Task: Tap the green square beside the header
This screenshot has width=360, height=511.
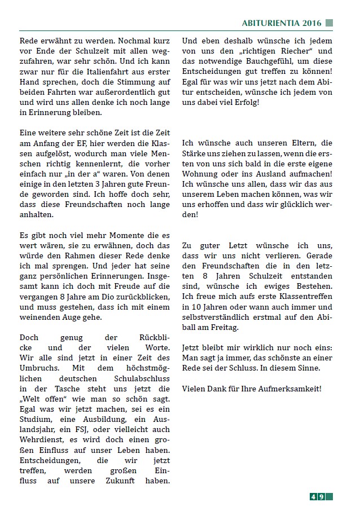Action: pyautogui.click(x=329, y=23)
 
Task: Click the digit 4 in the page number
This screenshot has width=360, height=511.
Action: pyautogui.click(x=313, y=496)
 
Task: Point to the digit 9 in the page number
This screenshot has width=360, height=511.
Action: pyautogui.click(x=321, y=496)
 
